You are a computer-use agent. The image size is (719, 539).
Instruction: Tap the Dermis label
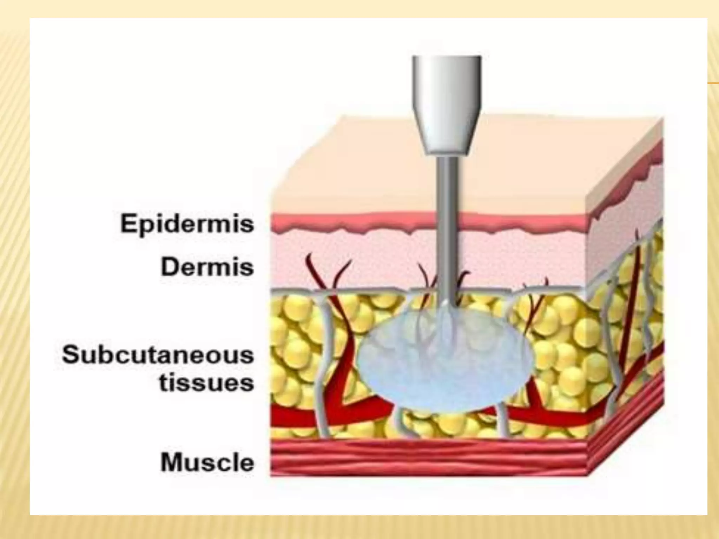click(x=207, y=267)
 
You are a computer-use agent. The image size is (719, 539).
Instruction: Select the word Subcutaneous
click(x=158, y=355)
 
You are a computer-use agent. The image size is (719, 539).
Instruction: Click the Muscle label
click(x=207, y=463)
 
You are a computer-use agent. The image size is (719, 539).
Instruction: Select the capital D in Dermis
click(x=170, y=267)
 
